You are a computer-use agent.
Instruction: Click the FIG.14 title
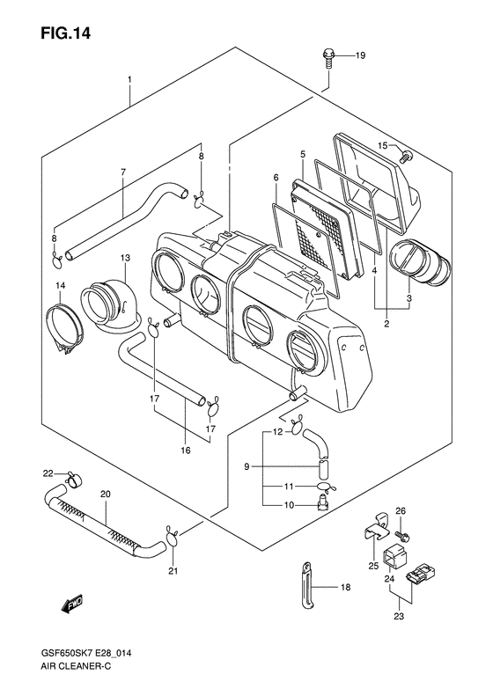[x=65, y=33]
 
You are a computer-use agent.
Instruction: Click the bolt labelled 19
[x=327, y=59]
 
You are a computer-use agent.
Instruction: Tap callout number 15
[x=382, y=145]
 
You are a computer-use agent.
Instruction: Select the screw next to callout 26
[x=403, y=535]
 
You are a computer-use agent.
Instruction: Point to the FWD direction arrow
[x=71, y=605]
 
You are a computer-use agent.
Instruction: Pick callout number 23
[x=399, y=616]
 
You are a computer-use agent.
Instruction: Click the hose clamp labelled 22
[x=74, y=478]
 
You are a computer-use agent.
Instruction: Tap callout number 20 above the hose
[x=106, y=494]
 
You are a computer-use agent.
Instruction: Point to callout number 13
[x=125, y=258]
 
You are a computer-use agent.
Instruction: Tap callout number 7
[x=123, y=172]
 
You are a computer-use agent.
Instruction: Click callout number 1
[x=129, y=79]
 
